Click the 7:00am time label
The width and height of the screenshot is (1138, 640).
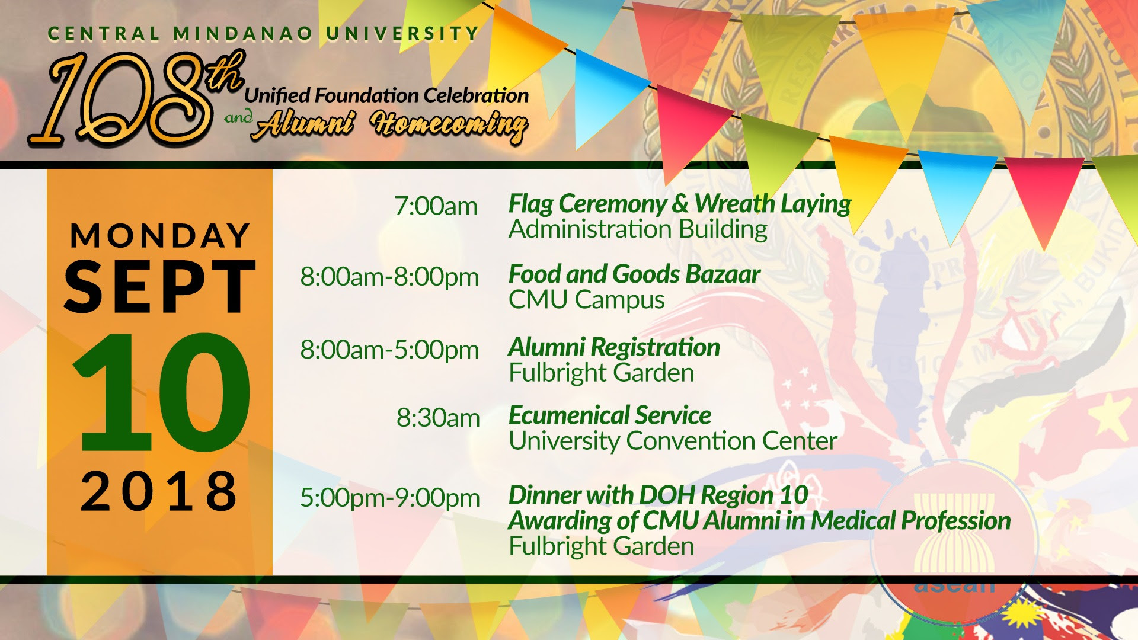436,207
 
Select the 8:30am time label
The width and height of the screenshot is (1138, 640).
438,418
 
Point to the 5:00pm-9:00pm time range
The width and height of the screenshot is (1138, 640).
390,498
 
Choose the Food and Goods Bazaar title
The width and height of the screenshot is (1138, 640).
634,274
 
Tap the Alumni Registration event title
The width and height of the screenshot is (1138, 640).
614,348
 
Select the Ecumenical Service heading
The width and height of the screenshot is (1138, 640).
610,415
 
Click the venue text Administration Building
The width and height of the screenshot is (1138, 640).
638,229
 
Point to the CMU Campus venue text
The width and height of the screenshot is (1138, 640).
587,300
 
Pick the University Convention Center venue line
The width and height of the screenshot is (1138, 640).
673,441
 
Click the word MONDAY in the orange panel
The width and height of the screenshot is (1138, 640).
160,235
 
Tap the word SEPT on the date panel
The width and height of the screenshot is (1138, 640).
160,287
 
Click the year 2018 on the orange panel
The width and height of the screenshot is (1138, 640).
159,491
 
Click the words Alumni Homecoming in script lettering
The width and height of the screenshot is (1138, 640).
390,126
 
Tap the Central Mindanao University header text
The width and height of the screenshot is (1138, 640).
263,34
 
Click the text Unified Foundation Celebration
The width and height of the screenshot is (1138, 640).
386,95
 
